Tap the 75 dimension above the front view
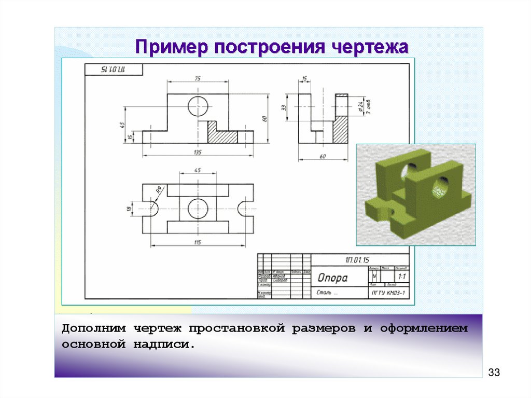(198, 78)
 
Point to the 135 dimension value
(198, 152)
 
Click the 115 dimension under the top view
(198, 242)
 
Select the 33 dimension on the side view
(284, 107)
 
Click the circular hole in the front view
(198, 106)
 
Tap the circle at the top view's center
(198, 208)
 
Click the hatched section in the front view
(222, 133)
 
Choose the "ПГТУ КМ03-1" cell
(388, 294)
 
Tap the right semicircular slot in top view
(245, 208)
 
